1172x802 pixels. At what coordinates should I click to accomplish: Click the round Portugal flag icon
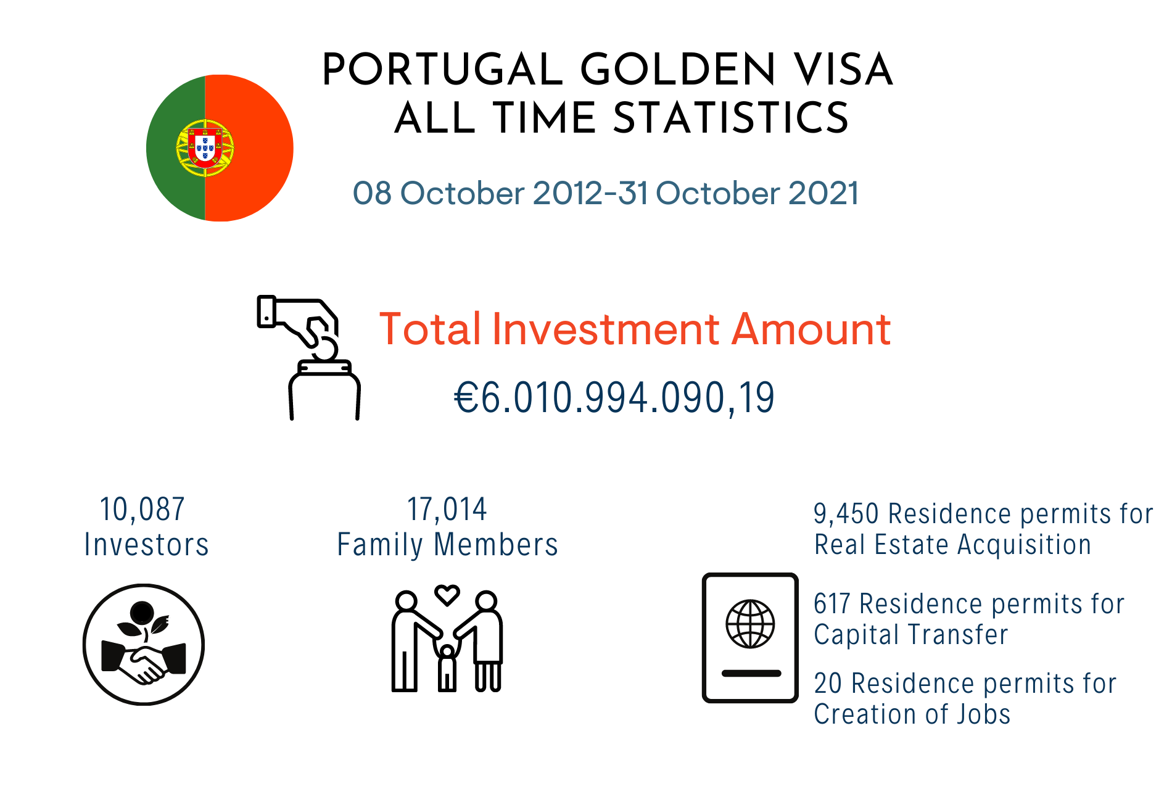click(220, 148)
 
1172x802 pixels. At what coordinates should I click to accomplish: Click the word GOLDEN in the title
click(678, 69)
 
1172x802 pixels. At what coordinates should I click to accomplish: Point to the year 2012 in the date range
click(567, 193)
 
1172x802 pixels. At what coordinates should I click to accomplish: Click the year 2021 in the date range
click(823, 193)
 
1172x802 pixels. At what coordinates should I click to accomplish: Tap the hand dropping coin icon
click(308, 358)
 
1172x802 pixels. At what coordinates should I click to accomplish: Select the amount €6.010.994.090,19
click(614, 398)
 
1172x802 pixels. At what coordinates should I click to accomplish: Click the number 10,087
click(142, 510)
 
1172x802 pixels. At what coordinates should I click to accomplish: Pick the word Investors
click(147, 545)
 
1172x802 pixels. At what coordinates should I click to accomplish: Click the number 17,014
click(447, 510)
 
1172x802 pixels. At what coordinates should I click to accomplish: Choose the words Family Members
click(447, 545)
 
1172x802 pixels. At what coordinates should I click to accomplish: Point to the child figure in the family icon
click(447, 668)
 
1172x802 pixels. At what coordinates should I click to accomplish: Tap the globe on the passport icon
click(750, 624)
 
